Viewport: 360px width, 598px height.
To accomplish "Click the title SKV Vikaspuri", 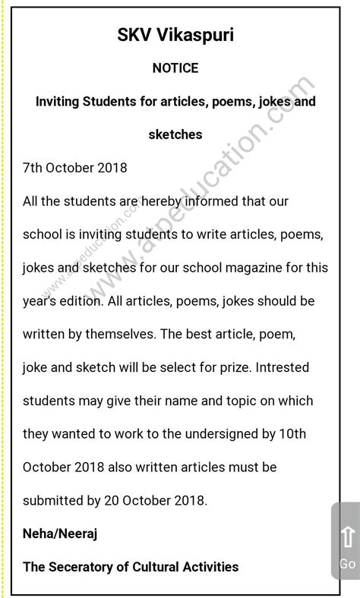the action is [175, 35].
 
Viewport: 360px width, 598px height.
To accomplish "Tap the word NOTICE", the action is [175, 68].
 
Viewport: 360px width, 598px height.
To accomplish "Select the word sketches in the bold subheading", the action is [175, 134].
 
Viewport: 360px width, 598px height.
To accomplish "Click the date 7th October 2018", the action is [75, 168].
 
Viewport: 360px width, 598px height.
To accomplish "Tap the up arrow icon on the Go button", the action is [348, 537].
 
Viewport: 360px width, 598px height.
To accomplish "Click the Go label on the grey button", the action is [348, 564].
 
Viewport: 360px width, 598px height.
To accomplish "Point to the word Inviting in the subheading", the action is [61, 101].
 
